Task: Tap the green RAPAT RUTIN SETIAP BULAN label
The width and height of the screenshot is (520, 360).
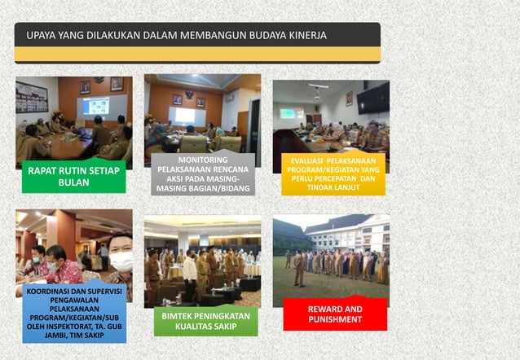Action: pyautogui.click(x=73, y=177)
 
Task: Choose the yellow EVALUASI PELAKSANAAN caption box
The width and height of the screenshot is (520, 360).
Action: pyautogui.click(x=333, y=174)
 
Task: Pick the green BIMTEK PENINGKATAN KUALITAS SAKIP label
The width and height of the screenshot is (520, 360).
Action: pyautogui.click(x=205, y=320)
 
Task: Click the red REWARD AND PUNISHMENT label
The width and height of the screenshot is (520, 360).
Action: pyautogui.click(x=335, y=314)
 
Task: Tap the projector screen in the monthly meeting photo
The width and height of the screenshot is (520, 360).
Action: pyautogui.click(x=95, y=106)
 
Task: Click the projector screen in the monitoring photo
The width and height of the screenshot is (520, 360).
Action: pyautogui.click(x=187, y=116)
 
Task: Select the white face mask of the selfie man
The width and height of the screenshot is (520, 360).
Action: pyautogui.click(x=121, y=261)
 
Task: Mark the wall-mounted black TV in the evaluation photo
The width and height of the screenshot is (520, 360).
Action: pyautogui.click(x=373, y=99)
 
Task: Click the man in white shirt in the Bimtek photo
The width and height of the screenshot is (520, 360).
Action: pyautogui.click(x=190, y=273)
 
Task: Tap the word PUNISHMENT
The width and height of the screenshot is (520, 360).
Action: pyautogui.click(x=335, y=320)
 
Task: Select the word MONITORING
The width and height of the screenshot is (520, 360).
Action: pyautogui.click(x=203, y=160)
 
